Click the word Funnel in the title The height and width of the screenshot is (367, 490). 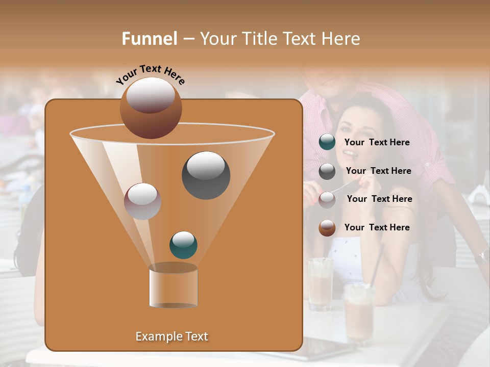coord(149,39)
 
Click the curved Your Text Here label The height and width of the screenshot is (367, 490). coord(150,74)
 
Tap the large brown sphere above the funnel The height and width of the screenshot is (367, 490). coord(151,108)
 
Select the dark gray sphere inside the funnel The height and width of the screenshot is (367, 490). coord(206,175)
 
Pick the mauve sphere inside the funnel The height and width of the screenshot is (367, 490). coord(143,201)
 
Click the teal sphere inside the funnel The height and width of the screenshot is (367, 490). coord(183,245)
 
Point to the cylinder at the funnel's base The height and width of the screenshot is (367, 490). coord(173,286)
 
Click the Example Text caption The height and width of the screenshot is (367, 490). coord(171,336)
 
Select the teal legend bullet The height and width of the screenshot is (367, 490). coord(327,142)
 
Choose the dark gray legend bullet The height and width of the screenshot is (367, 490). coord(327,171)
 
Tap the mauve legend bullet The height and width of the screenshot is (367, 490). coord(327,199)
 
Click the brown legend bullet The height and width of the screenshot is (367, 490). coord(327,228)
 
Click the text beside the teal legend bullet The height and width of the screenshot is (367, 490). coord(377,143)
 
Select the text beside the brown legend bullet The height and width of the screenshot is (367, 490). coord(377,227)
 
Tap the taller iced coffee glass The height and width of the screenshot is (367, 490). coord(321,283)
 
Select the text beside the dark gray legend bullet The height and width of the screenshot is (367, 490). coord(378,171)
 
